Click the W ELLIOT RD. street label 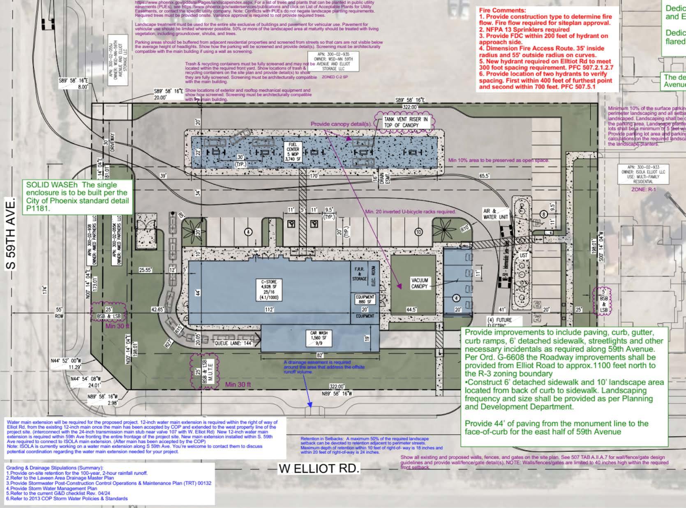pyautogui.click(x=319, y=469)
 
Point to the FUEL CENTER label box pyautogui.click(x=293, y=152)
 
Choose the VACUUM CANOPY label pyautogui.click(x=419, y=283)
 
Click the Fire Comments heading pyautogui.click(x=502, y=10)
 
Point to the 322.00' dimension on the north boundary pyautogui.click(x=410, y=107)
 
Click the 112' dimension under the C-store pyautogui.click(x=269, y=309)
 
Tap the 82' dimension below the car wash pyautogui.click(x=319, y=355)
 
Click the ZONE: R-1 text pyautogui.click(x=644, y=190)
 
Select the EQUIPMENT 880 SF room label pyautogui.click(x=365, y=299)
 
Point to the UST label pyautogui.click(x=524, y=255)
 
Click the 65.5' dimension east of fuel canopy pyautogui.click(x=485, y=176)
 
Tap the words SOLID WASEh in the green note pyautogui.click(x=48, y=185)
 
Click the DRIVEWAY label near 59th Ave pyautogui.click(x=113, y=142)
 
